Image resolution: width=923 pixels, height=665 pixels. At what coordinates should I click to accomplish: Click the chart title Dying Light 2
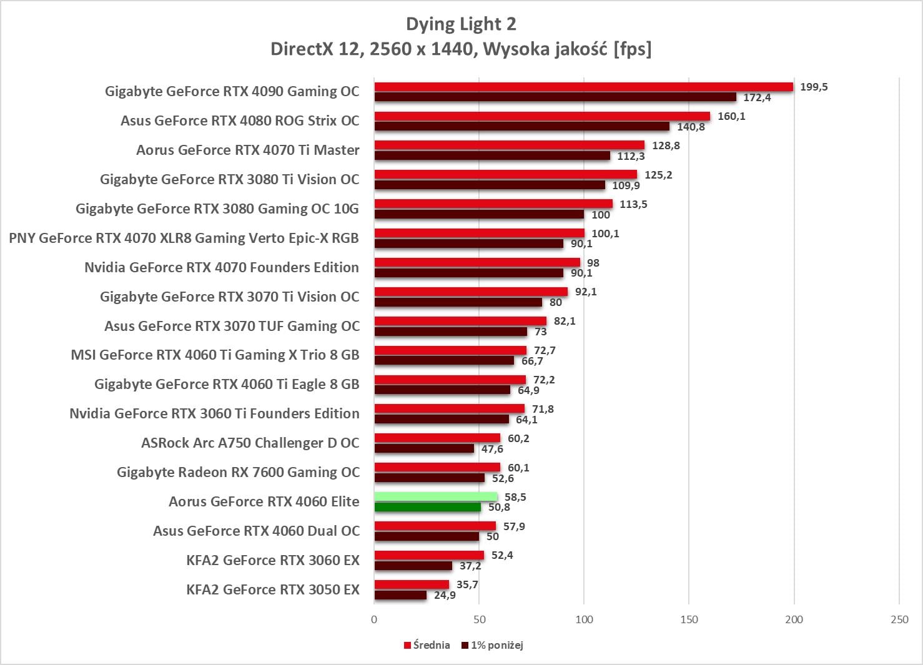tap(461, 24)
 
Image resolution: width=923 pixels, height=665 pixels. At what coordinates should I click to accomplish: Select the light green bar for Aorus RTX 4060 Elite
tap(436, 497)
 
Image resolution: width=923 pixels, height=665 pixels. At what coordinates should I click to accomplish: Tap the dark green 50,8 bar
tap(428, 507)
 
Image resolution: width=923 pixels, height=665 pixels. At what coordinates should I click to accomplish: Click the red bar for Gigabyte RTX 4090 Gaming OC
tap(583, 87)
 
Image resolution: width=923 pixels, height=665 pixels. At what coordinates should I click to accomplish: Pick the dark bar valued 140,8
tap(521, 127)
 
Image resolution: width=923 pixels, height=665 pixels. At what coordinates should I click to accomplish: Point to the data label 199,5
tap(814, 87)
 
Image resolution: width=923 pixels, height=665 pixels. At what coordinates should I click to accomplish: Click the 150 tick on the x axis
tap(689, 619)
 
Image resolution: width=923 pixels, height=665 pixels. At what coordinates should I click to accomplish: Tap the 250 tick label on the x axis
tap(899, 619)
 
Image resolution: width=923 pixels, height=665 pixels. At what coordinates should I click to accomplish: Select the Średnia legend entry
tap(427, 645)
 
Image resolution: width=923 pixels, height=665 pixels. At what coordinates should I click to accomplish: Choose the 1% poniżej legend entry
tap(492, 645)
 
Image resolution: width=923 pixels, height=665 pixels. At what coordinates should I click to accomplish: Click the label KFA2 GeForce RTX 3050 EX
tap(273, 589)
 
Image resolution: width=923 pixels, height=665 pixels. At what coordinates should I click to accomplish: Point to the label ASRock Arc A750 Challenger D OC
tap(250, 443)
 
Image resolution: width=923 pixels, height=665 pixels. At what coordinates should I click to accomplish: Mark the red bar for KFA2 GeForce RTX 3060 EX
tap(429, 555)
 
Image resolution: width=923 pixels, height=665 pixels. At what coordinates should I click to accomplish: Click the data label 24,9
tap(445, 595)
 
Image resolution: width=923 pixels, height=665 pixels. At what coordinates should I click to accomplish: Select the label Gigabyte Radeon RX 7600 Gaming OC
tap(238, 472)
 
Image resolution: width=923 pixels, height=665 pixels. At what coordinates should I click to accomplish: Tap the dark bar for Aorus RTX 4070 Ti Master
tap(492, 156)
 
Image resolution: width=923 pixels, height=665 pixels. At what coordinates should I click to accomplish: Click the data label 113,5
tap(633, 204)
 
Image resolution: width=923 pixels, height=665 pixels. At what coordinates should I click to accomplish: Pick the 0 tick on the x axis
tap(374, 619)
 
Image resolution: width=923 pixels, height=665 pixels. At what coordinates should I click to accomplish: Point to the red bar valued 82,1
tap(460, 321)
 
